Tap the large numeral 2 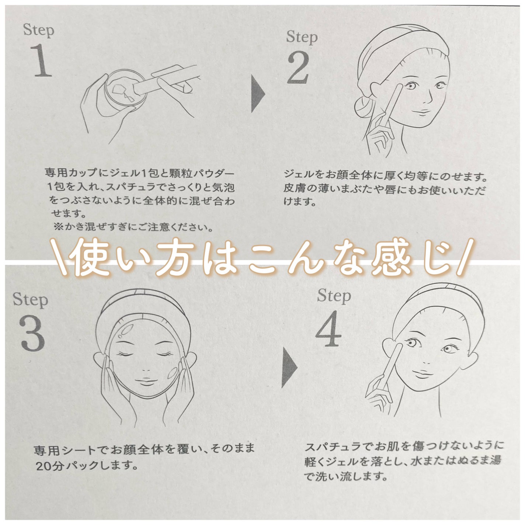(298, 67)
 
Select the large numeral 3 (32, 333)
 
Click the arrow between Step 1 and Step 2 (258, 94)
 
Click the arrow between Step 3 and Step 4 (289, 369)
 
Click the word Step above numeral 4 (334, 296)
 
